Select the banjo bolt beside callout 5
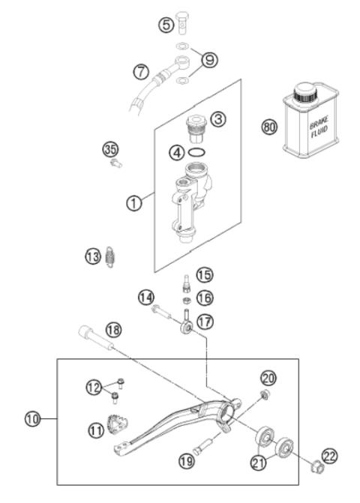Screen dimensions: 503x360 (185, 22)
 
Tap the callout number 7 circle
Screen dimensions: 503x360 (141, 72)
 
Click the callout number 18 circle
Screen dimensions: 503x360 (113, 328)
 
